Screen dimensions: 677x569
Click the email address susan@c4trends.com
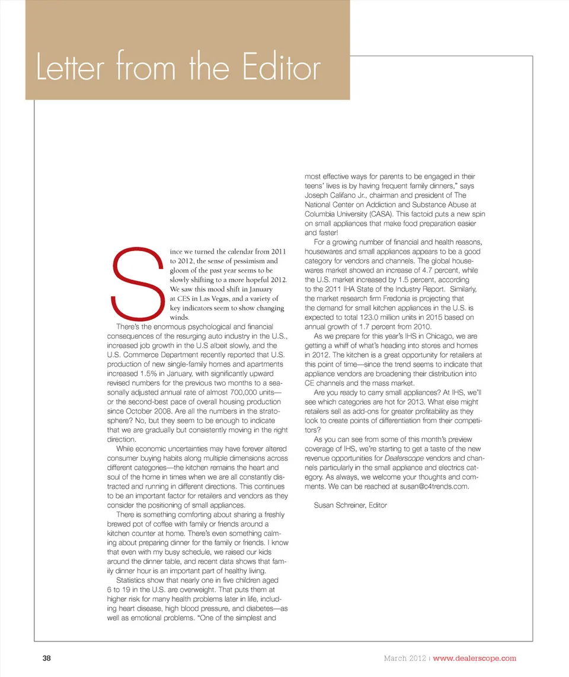click(431, 486)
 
